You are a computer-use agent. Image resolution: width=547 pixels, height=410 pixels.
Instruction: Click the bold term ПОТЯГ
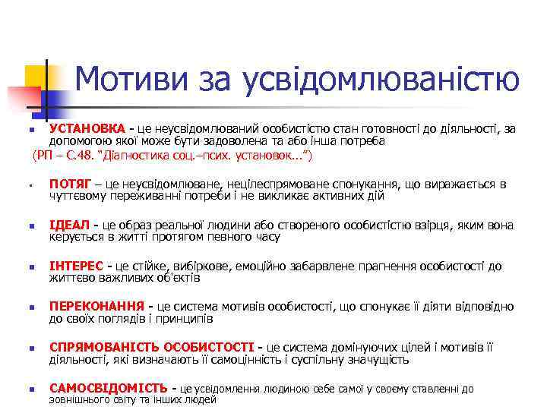pos(71,184)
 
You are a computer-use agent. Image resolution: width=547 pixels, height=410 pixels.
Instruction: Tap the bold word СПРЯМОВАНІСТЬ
pos(104,348)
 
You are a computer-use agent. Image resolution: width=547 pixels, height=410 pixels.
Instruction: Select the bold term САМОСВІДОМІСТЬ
pos(108,389)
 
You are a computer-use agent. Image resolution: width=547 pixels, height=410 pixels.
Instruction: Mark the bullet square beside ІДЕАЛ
pos(26,226)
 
